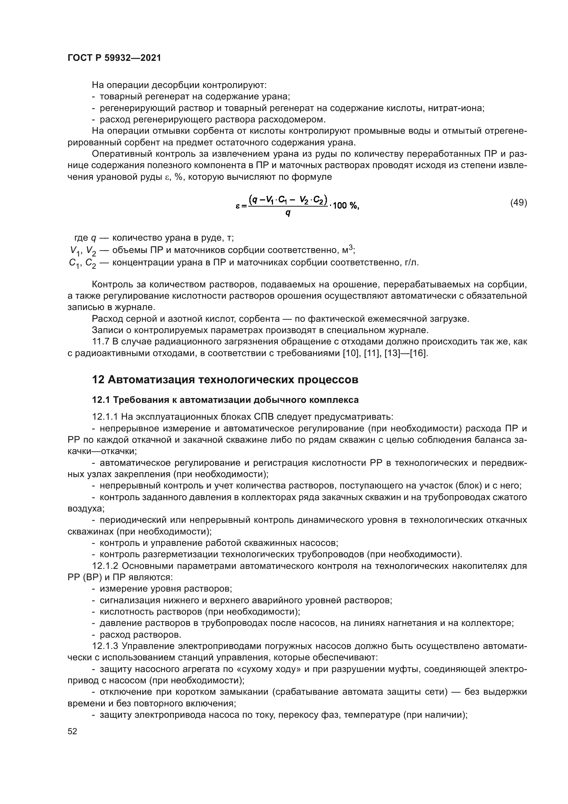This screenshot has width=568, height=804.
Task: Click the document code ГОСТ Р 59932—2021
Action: [114, 58]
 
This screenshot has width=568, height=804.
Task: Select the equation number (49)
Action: [519, 202]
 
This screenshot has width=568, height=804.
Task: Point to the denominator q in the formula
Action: [288, 212]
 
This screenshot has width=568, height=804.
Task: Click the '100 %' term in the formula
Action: [345, 206]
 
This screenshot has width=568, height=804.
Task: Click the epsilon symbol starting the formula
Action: [238, 206]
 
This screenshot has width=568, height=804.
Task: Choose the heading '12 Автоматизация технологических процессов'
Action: [225, 379]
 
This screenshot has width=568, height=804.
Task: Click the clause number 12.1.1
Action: [105, 417]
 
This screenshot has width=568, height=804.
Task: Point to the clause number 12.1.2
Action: [105, 566]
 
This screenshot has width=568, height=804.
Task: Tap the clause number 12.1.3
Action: [105, 646]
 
